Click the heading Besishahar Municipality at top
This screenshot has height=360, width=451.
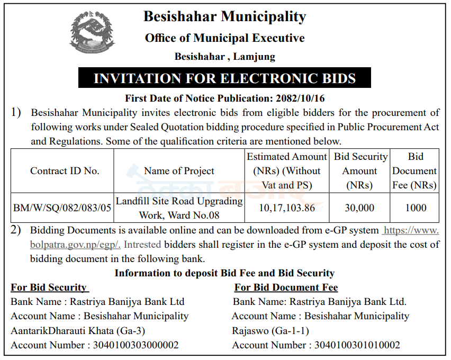(x=224, y=16)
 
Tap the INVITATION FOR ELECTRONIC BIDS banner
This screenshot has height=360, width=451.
(x=224, y=79)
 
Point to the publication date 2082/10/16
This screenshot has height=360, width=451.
(x=301, y=98)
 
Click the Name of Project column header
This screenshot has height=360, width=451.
(x=179, y=171)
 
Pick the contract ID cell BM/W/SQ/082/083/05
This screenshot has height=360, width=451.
(x=62, y=208)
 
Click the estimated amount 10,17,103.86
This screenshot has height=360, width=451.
(x=287, y=208)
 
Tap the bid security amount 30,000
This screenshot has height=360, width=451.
(x=359, y=208)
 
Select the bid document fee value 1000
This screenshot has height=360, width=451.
(x=416, y=208)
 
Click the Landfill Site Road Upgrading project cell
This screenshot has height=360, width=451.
(x=179, y=208)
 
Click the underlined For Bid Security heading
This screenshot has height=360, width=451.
(x=49, y=287)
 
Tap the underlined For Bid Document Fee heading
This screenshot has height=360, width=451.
(x=286, y=287)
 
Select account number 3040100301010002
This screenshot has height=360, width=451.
(x=357, y=345)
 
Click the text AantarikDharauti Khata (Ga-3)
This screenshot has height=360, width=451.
(x=78, y=331)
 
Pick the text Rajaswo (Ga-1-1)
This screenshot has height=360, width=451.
(x=270, y=331)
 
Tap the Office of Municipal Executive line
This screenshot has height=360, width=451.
(x=224, y=38)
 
